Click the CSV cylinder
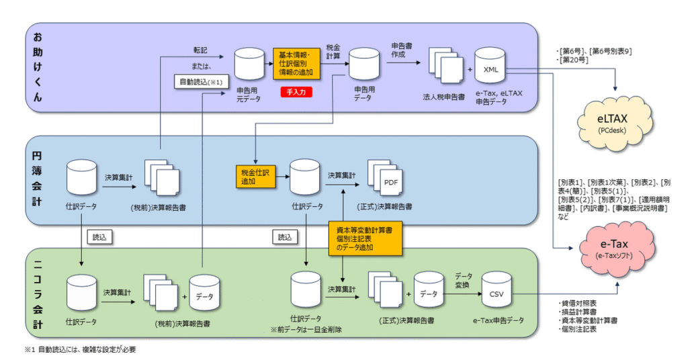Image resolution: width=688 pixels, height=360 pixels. [x=497, y=292]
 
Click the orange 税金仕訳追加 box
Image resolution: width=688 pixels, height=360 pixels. [x=255, y=176]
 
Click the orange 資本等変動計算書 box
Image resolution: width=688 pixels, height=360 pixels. [x=365, y=238]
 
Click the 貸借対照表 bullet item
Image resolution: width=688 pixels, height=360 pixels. [x=580, y=303]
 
